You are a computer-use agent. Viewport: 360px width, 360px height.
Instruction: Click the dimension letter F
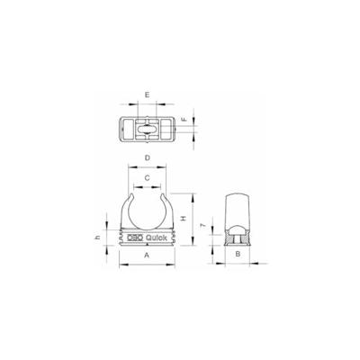click(x=184, y=118)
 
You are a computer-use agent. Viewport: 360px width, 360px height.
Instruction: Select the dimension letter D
click(x=146, y=160)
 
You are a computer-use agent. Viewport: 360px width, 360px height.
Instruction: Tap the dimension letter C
click(x=147, y=178)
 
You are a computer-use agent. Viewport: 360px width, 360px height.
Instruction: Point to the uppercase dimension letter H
click(x=183, y=218)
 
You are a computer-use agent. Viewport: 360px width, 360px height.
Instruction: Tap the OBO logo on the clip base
click(x=133, y=238)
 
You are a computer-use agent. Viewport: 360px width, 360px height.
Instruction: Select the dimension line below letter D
click(x=146, y=167)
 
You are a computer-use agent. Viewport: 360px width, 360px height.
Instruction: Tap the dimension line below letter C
click(x=147, y=185)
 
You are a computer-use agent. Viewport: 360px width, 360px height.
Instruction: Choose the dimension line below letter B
click(x=236, y=263)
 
